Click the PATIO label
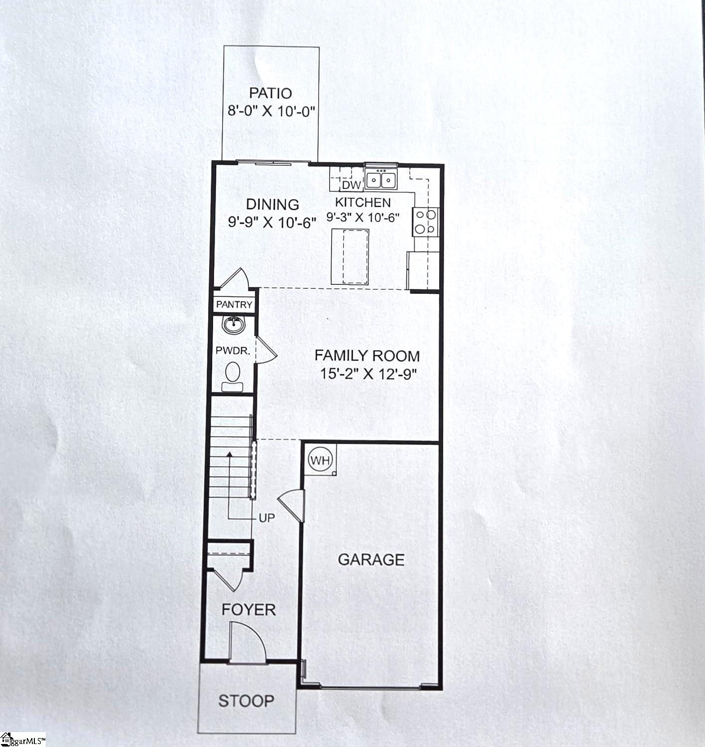(x=270, y=93)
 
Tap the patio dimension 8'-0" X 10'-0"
(x=271, y=112)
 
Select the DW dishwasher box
(x=352, y=185)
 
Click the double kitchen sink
(x=381, y=179)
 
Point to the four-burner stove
(x=426, y=222)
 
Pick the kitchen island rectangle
(x=350, y=256)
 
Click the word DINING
(x=272, y=205)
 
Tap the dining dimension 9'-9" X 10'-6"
(x=272, y=223)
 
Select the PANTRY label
(x=234, y=304)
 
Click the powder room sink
(x=233, y=325)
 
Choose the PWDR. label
(x=233, y=351)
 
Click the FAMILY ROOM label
(x=367, y=356)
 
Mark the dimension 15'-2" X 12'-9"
(x=368, y=374)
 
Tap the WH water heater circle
(x=321, y=460)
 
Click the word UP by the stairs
(x=267, y=518)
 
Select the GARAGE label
(x=371, y=560)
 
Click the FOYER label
(x=248, y=610)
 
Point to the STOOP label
(x=246, y=701)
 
